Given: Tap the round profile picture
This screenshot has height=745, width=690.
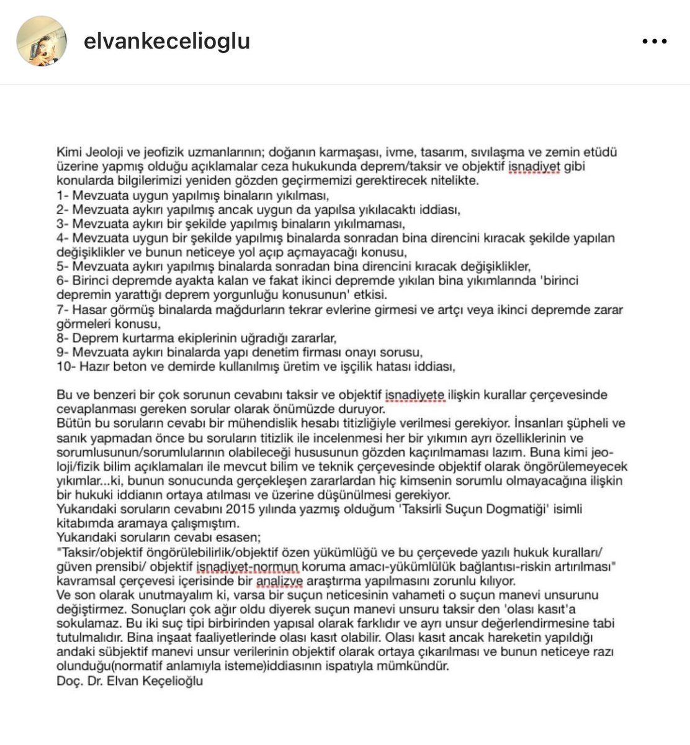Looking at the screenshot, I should [x=42, y=41].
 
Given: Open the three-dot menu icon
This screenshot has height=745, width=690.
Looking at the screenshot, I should [x=654, y=42].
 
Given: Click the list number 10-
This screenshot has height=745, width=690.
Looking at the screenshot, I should [x=65, y=366].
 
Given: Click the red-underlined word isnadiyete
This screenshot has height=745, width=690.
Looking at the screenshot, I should [x=415, y=395].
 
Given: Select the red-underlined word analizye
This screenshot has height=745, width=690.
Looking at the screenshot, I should [x=280, y=581].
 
